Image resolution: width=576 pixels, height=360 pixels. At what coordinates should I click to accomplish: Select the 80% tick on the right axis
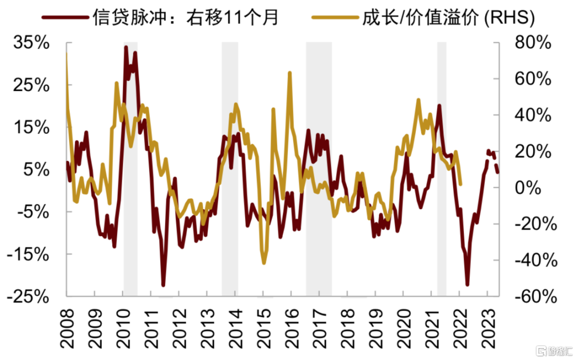533,43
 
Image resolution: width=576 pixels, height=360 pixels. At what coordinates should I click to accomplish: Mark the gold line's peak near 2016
290,73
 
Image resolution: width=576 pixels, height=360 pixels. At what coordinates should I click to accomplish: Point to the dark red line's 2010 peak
126,47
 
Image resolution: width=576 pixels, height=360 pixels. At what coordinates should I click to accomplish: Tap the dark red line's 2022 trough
467,284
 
